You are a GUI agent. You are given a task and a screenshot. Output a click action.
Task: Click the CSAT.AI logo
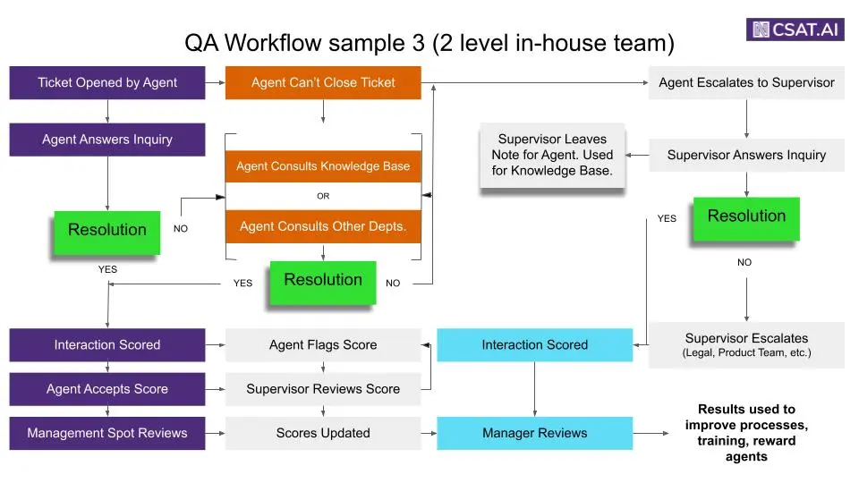point(795,29)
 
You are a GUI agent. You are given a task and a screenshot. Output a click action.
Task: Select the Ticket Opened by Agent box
point(107,82)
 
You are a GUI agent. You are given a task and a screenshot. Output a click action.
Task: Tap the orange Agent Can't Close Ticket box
point(323,82)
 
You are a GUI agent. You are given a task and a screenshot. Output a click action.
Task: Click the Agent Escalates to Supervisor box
point(746,82)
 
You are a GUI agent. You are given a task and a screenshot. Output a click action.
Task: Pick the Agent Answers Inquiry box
point(107,140)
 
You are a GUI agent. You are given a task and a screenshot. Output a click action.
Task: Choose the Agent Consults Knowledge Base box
point(323,166)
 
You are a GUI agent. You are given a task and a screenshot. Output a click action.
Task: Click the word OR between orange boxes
point(323,196)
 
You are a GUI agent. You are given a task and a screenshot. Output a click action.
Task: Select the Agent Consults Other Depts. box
point(323,226)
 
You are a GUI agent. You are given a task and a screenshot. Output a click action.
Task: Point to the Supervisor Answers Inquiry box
point(746,155)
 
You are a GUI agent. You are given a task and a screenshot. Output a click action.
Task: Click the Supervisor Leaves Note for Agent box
point(552,155)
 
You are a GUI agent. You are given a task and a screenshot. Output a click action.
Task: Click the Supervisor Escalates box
point(746,344)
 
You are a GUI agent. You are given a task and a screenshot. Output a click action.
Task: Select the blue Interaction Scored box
point(534,344)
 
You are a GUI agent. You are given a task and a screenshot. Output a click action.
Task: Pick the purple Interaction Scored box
point(107,344)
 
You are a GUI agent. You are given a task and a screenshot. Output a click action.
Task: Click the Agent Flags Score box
point(323,344)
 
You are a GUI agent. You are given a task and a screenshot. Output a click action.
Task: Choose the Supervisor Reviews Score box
point(323,389)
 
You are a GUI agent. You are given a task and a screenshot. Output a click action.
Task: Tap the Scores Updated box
point(323,433)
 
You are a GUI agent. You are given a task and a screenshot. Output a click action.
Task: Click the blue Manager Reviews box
point(534,433)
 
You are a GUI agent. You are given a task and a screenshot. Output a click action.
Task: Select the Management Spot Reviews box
point(107,433)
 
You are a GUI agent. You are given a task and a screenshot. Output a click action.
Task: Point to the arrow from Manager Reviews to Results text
point(651,433)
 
